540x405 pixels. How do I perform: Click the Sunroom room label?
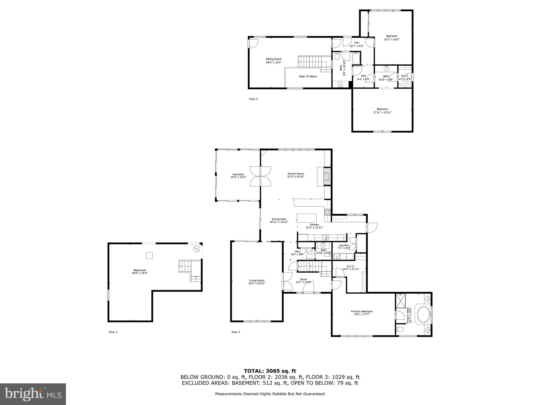(x=238, y=174)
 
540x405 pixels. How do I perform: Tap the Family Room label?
(x=296, y=174)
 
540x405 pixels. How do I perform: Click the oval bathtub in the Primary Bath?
(x=423, y=314)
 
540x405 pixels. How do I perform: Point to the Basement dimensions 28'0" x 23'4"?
(x=139, y=273)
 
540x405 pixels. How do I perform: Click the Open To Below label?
(x=308, y=76)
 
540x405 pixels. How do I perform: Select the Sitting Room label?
(x=273, y=59)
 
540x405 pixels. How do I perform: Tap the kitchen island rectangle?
(x=307, y=218)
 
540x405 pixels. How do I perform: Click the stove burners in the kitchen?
(x=328, y=212)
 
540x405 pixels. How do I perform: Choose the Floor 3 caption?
(x=253, y=99)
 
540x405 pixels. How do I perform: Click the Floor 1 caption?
(x=113, y=332)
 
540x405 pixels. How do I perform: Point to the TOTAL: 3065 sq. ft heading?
(x=270, y=371)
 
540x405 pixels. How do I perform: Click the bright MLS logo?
(x=33, y=394)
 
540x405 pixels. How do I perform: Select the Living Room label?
(x=257, y=281)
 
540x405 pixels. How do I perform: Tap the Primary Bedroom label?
(x=362, y=311)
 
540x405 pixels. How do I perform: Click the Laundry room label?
(x=344, y=245)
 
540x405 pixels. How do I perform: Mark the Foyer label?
(x=303, y=279)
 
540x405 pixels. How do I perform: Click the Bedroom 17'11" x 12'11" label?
(x=382, y=109)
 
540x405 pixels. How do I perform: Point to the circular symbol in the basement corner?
(x=196, y=249)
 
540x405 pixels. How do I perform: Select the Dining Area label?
(x=279, y=219)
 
